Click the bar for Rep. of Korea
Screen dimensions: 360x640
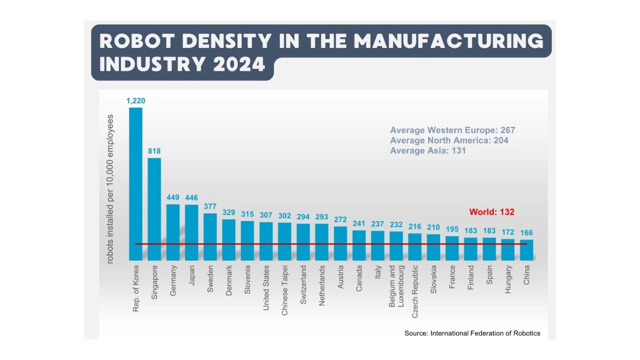point(136,184)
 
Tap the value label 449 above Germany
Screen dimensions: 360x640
point(173,198)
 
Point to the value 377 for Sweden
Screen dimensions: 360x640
point(210,206)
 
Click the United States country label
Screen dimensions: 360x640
point(266,288)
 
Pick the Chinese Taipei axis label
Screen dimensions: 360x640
point(284,290)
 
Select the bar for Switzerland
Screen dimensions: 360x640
point(303,242)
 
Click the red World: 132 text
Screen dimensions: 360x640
point(492,212)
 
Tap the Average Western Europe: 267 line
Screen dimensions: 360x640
point(452,130)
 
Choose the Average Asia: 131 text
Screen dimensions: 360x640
point(428,151)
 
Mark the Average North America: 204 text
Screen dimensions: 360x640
point(449,140)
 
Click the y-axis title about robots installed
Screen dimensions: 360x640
point(110,189)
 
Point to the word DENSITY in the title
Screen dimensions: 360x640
point(227,41)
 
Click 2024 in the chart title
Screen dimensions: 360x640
point(239,64)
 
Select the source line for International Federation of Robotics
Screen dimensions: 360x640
point(472,333)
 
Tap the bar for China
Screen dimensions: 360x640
point(526,250)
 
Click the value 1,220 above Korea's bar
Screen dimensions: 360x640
point(136,101)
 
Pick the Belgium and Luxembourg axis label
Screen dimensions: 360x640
point(396,286)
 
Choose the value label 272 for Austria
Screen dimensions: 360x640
point(340,220)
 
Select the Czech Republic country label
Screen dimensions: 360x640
point(415,291)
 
